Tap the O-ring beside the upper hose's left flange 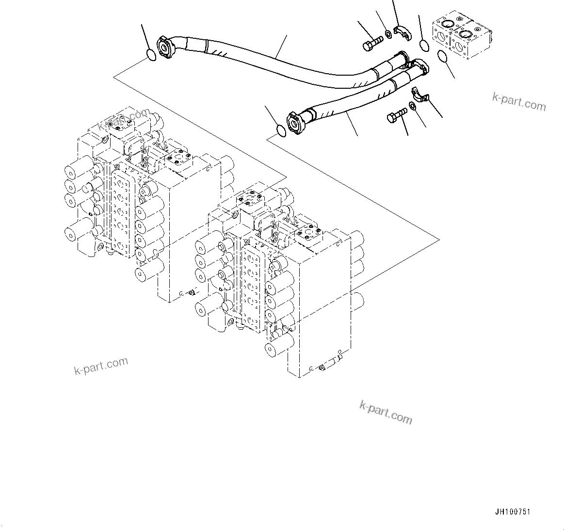tap(151, 55)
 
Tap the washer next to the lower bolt tap(412, 106)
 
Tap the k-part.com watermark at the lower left tap(101, 366)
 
